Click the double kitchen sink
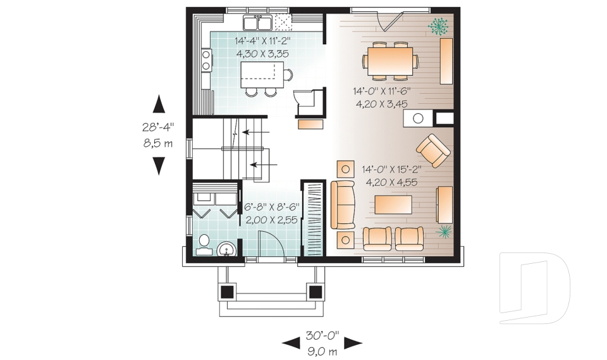[257, 23]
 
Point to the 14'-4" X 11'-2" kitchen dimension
[262, 40]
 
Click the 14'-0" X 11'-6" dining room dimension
[379, 91]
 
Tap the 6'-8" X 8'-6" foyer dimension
[271, 206]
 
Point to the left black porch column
[227, 292]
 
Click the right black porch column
[315, 292]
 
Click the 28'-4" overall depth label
[158, 127]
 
